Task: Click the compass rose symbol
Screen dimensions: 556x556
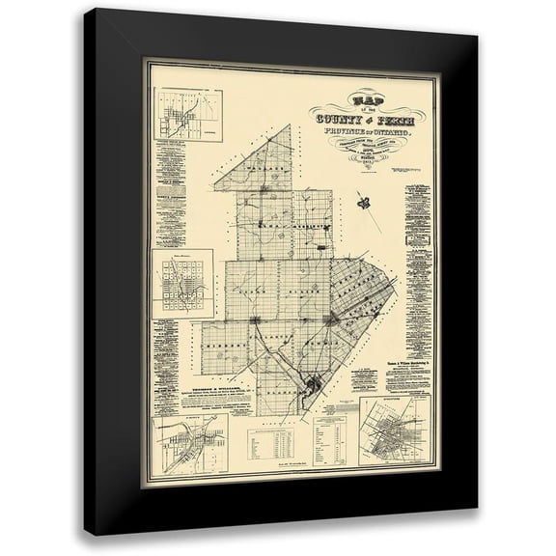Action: [366, 201]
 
